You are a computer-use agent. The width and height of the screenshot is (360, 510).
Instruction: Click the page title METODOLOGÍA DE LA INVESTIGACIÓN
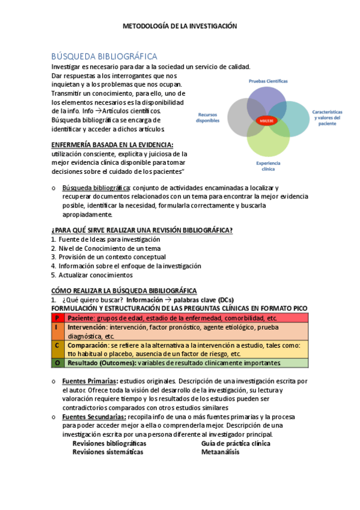(x=180, y=26)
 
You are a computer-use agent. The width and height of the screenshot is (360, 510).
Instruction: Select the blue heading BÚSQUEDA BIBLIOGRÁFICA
(x=105, y=56)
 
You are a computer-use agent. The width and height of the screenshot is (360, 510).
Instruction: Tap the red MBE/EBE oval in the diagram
(x=266, y=120)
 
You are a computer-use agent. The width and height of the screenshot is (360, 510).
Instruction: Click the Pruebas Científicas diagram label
(x=268, y=81)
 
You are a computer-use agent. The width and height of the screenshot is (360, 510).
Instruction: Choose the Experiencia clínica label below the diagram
(x=269, y=166)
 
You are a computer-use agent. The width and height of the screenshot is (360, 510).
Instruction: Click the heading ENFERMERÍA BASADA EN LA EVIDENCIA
(x=112, y=145)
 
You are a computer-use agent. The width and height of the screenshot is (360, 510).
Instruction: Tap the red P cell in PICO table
(x=56, y=318)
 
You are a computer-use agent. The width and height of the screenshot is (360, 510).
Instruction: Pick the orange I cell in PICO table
(x=56, y=327)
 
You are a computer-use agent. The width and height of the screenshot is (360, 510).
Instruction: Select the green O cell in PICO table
(x=56, y=363)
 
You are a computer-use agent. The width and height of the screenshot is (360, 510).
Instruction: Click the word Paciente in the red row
(x=81, y=318)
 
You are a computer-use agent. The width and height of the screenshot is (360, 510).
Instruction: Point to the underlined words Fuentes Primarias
(x=90, y=381)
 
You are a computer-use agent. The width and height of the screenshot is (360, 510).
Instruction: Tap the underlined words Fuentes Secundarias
(x=93, y=417)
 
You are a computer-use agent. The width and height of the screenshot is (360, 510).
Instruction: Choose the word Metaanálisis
(x=220, y=452)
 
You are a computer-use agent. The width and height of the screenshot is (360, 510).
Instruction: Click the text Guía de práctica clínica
(x=236, y=444)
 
